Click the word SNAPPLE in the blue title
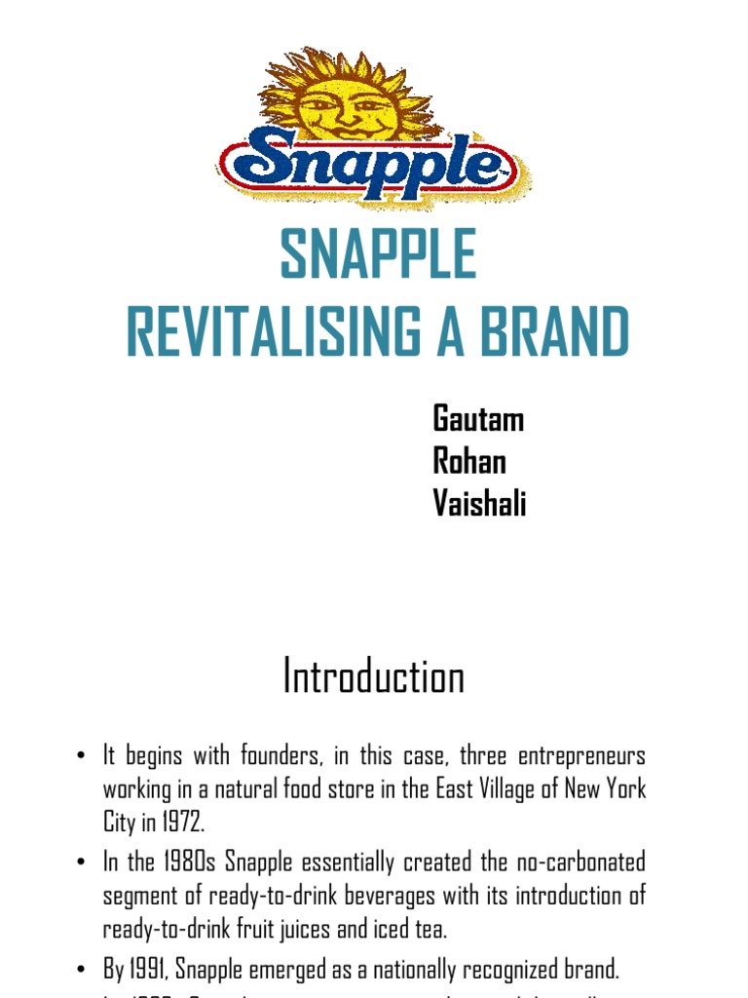[378, 256]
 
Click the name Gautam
[478, 419]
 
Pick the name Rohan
[469, 461]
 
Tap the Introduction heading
[374, 675]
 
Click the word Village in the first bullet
[502, 788]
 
